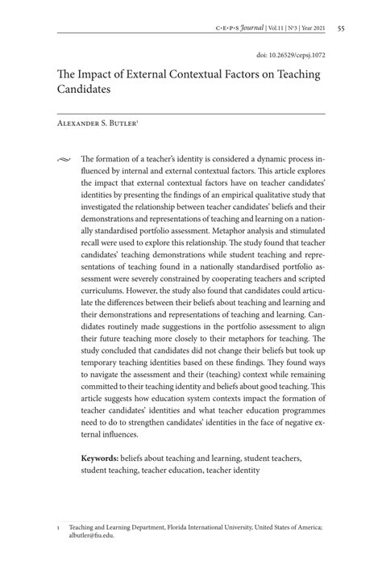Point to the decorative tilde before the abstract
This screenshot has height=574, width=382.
pyautogui.click(x=64, y=160)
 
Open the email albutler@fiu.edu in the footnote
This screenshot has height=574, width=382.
pyautogui.click(x=93, y=534)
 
